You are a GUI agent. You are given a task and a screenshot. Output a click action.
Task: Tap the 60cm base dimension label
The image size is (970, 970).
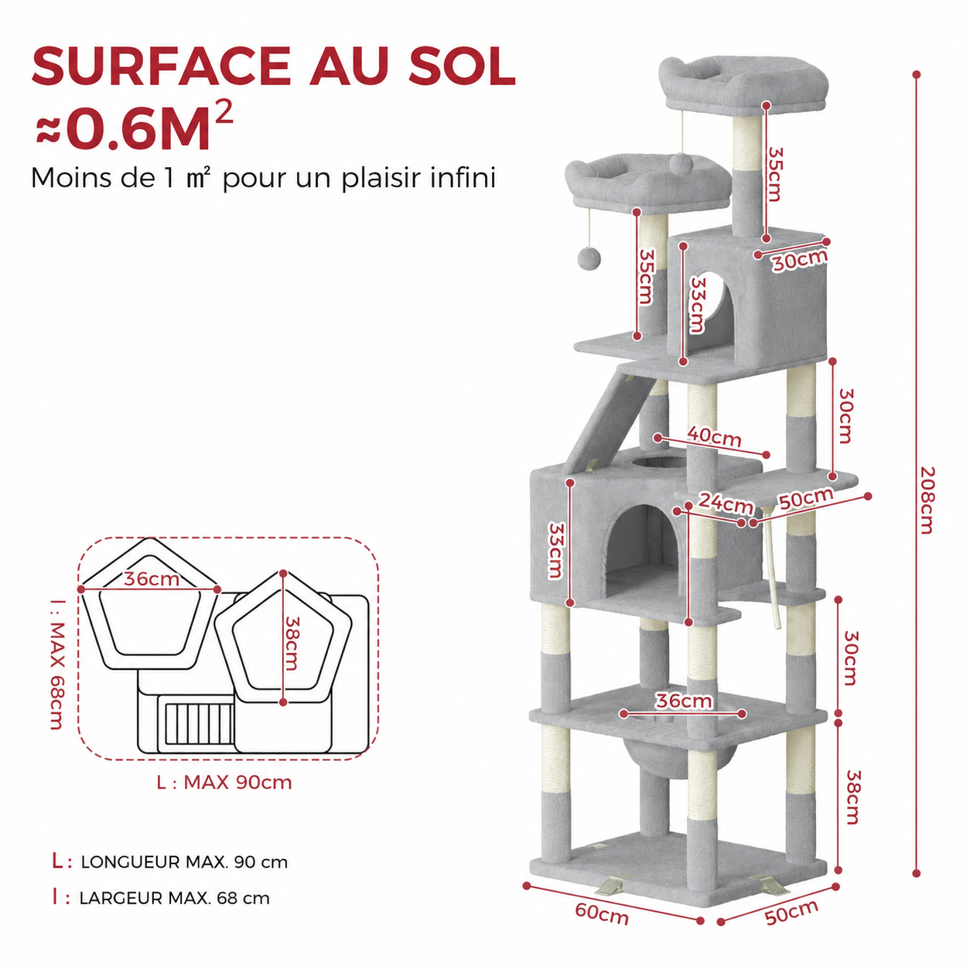[602, 914]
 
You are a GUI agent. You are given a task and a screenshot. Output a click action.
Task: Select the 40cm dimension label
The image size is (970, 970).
[714, 436]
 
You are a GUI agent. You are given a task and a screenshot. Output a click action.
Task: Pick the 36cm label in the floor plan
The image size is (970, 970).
[152, 579]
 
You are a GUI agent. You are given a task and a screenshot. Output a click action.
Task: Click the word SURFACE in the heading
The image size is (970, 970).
[161, 66]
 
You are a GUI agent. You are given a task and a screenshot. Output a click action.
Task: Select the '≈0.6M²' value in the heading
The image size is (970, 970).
[135, 126]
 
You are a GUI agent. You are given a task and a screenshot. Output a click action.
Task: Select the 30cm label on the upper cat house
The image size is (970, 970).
[800, 260]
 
